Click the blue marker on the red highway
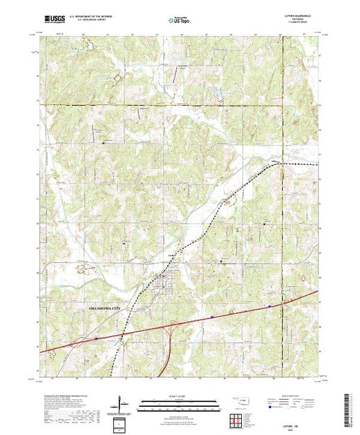213,317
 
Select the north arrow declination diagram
122,402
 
